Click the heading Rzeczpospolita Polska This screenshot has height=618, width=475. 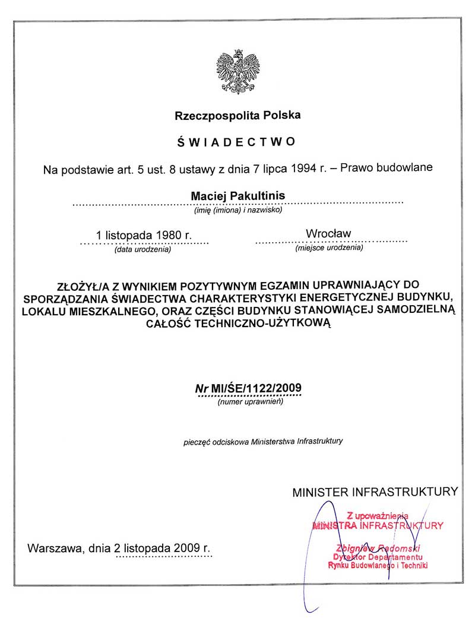coord(237,115)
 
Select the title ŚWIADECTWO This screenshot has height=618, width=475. coord(237,142)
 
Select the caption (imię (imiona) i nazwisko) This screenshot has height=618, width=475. coord(237,210)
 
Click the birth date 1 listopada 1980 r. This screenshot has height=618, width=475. coord(144,234)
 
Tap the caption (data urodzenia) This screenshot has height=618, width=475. coord(142,249)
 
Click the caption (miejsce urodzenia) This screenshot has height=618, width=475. coord(329,248)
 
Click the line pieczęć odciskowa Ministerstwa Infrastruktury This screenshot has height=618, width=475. coord(262,442)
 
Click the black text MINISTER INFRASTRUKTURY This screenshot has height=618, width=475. coord(375,492)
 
